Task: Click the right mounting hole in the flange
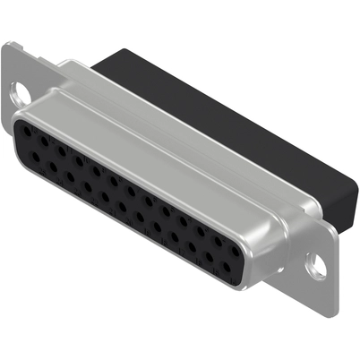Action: [x=315, y=263]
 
